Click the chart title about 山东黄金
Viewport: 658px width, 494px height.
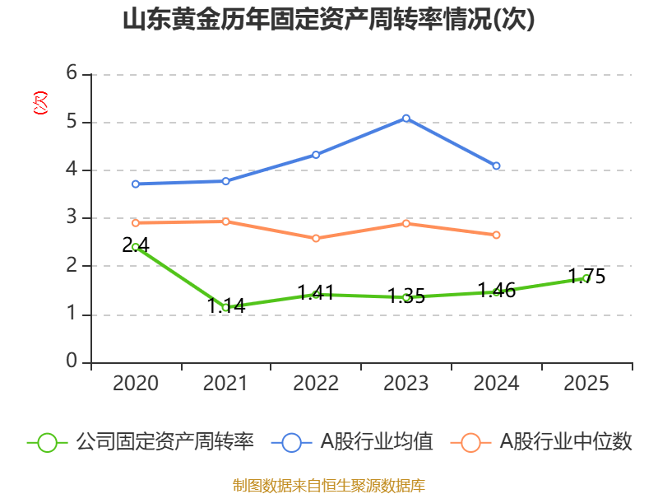[x=328, y=20]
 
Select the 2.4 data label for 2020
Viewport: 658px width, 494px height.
[x=135, y=245]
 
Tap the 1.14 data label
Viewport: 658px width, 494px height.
[x=225, y=305]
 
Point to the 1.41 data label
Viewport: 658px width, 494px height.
[x=316, y=292]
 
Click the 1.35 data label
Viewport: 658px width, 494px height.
[x=406, y=296]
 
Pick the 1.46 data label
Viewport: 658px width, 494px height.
[x=496, y=290]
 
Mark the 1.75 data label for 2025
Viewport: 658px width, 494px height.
[x=586, y=277]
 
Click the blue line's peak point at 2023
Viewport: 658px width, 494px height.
[x=406, y=118]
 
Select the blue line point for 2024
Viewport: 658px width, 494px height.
[x=497, y=166]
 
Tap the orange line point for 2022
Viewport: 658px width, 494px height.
[x=316, y=238]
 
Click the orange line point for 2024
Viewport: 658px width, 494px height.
[x=497, y=235]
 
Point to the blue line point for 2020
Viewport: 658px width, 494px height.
[x=136, y=184]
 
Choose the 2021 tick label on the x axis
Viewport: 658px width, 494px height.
[x=225, y=384]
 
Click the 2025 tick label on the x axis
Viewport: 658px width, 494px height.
[x=586, y=384]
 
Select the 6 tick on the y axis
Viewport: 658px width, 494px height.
[x=72, y=73]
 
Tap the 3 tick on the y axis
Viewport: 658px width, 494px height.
[x=72, y=217]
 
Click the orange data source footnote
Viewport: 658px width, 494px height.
[x=328, y=485]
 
